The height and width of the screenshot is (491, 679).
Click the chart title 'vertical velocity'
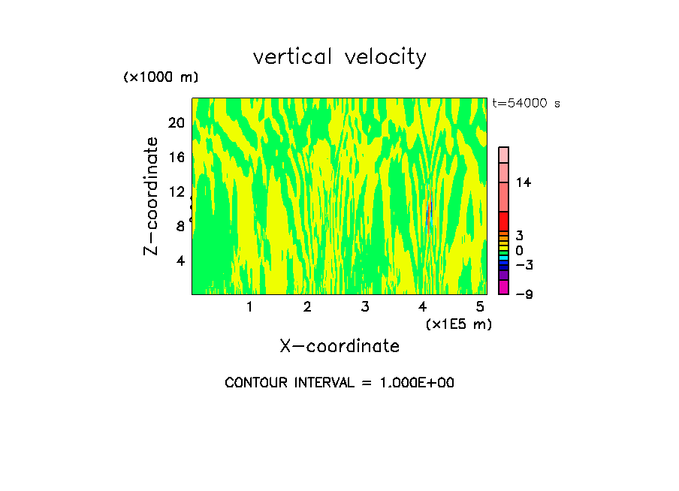339,57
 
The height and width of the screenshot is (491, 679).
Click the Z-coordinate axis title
151,196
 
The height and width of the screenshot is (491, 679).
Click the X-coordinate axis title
339,346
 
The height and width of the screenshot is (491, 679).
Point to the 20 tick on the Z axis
176,122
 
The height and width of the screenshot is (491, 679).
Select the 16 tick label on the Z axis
176,157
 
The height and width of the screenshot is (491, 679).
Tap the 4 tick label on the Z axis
180,261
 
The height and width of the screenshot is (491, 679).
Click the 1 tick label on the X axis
249,306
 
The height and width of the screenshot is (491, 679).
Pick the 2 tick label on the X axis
307,306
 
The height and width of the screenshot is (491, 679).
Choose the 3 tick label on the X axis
365,306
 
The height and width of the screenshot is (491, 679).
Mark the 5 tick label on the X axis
480,306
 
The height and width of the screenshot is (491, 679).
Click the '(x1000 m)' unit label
161,77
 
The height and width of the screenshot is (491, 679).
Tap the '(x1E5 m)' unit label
458,324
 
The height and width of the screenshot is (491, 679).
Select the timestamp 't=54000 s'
527,104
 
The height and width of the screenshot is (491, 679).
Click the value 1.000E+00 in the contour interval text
411,383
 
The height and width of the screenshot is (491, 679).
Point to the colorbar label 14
524,182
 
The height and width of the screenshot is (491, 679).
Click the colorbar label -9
524,294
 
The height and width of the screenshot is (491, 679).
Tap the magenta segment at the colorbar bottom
503,288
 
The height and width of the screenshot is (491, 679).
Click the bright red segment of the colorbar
503,221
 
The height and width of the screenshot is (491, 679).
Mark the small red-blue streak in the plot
429,215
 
